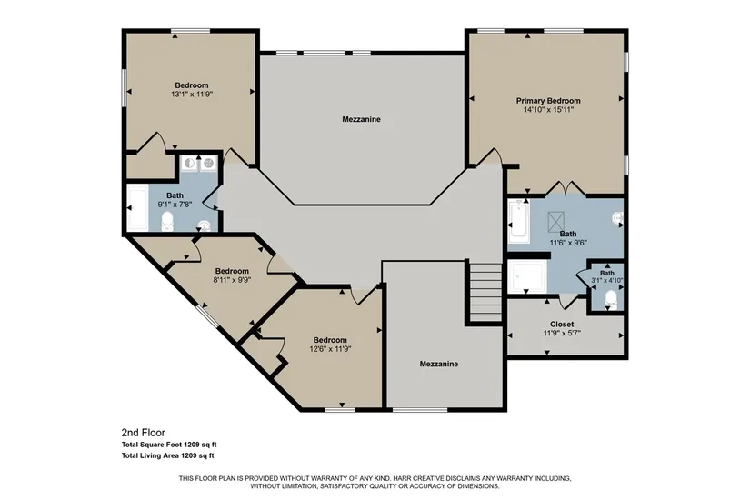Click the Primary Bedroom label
coord(548,101)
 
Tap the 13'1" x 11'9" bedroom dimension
coord(192,95)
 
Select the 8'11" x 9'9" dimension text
coord(232,280)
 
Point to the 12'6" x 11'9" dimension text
coord(330,349)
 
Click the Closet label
coord(562,324)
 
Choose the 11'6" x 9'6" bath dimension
coord(568,243)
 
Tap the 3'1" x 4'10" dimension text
coord(607,280)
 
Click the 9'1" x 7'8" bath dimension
coord(175,204)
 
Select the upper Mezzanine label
coord(361,119)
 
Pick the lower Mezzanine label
coord(438,364)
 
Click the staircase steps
coord(485,292)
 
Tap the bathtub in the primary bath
coord(518,221)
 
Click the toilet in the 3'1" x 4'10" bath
coord(610,299)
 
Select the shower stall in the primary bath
coord(527,276)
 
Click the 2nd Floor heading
coord(143,433)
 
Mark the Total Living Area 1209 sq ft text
coord(167,455)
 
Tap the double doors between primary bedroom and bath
coord(565,188)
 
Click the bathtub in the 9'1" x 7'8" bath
coord(138,207)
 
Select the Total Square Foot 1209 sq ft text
coord(169,445)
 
